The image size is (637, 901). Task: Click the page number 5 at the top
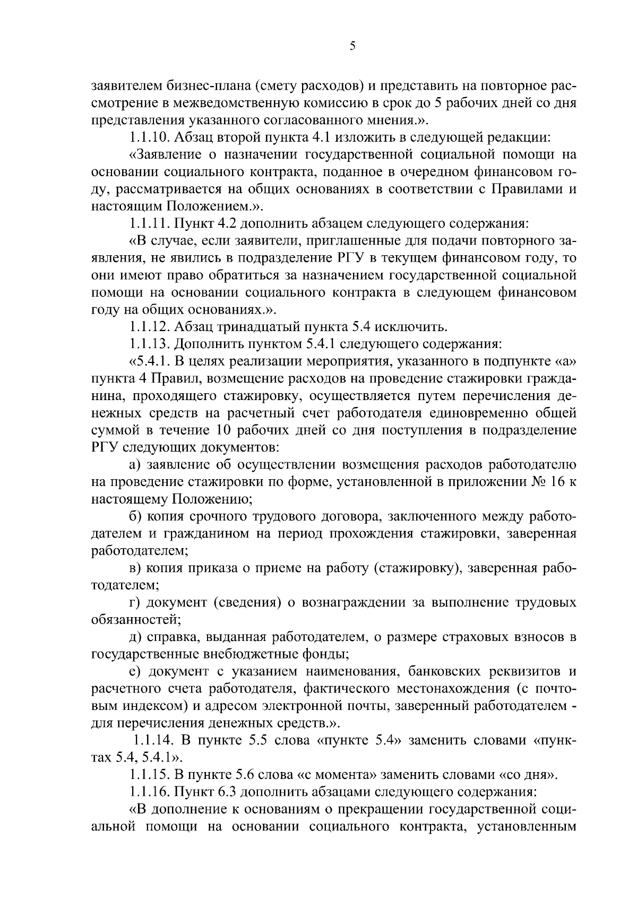[352, 47]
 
